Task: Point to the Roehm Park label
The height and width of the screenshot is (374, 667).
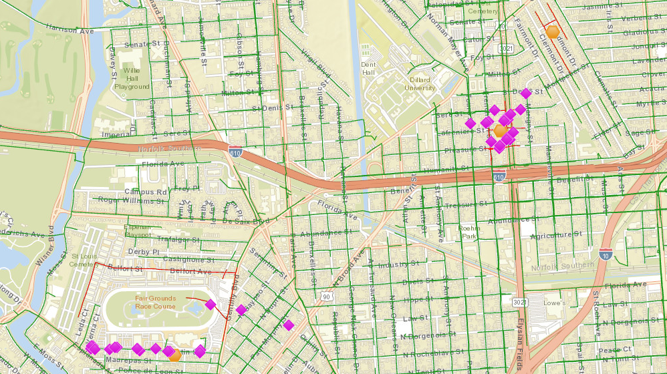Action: pos(469,232)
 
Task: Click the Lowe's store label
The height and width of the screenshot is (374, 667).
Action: pos(555,303)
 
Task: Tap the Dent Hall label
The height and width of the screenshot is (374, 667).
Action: pos(369,68)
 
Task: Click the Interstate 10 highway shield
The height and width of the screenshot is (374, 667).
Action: pos(604,254)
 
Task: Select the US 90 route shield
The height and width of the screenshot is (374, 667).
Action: pos(326,296)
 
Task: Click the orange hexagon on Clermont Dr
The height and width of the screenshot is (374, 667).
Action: pos(553,31)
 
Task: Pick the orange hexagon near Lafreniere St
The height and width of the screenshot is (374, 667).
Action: pos(500,131)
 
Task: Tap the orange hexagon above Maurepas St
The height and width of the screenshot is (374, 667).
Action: pos(175,356)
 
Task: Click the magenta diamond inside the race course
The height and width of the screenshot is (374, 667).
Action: pos(210,305)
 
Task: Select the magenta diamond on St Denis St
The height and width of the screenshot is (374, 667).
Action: pos(525,93)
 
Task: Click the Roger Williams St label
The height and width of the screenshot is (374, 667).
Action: pos(131,200)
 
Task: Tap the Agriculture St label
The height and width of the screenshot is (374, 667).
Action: pos(551,235)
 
